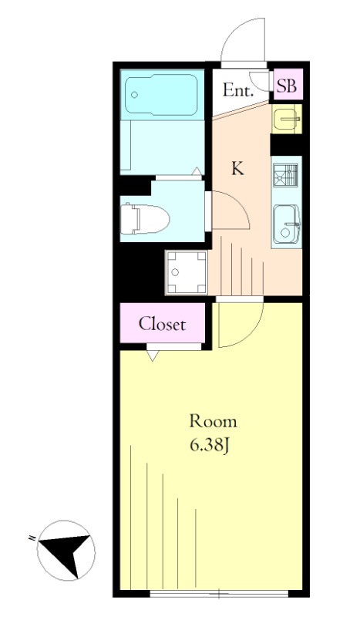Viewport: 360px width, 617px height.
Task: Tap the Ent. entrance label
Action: coord(237,91)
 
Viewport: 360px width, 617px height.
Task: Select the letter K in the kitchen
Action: coord(237,169)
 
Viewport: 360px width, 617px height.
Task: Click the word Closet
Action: coord(162,324)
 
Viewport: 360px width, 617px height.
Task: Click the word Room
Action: coord(214,421)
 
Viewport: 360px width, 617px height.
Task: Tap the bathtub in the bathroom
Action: coord(161,95)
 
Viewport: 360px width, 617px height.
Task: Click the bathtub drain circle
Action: coord(135,95)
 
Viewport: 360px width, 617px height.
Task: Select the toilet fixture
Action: coord(144,219)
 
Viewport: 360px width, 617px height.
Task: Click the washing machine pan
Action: coord(186,272)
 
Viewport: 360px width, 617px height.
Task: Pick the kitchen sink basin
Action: coord(287,224)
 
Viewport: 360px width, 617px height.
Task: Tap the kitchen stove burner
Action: coord(285,174)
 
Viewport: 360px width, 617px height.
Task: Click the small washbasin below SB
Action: coord(286,119)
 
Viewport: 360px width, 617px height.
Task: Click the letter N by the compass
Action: coord(31,537)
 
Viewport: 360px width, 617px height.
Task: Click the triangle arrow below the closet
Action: coord(153,356)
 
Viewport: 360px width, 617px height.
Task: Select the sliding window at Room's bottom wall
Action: coord(220,593)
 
